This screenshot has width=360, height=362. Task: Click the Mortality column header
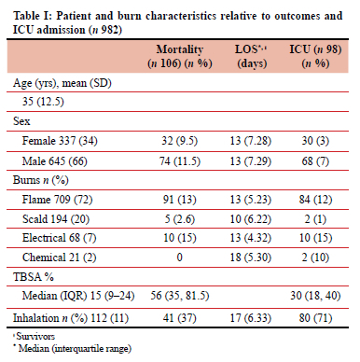tap(180, 56)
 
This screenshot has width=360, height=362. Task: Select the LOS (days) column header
tap(252, 56)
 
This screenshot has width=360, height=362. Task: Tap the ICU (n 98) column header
tap(315, 56)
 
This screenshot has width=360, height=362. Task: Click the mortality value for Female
tap(179, 141)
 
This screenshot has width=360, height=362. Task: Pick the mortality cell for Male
tap(180, 161)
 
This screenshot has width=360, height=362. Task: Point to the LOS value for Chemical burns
tap(251, 258)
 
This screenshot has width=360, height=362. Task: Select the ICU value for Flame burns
tap(315, 200)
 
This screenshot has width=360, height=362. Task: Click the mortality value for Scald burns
tap(180, 219)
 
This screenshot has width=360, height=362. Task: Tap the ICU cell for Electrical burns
tap(315, 238)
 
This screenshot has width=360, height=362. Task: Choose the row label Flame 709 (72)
tap(57, 200)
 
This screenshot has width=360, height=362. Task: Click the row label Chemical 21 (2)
tap(59, 258)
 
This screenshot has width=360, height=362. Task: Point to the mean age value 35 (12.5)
tap(43, 102)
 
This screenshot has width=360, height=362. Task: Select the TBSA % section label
tap(34, 276)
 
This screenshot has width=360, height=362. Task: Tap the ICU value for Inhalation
tap(315, 318)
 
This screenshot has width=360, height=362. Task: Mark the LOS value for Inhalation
tap(251, 318)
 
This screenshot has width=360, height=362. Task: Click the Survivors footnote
tap(35, 336)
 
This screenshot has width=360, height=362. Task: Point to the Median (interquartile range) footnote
tap(73, 348)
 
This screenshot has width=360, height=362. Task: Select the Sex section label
tap(21, 121)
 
